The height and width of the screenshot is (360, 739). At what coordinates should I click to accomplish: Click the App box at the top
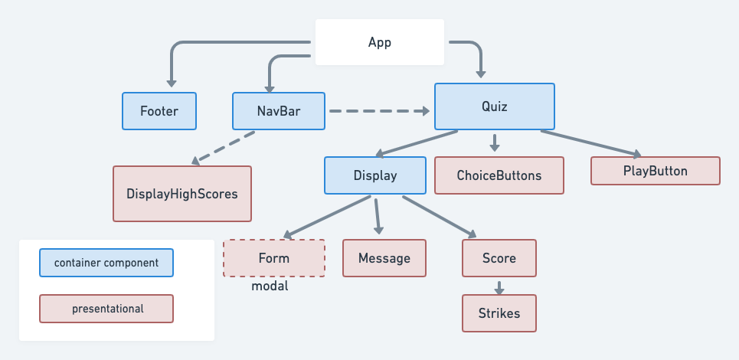click(380, 42)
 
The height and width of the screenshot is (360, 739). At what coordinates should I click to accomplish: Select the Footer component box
click(159, 111)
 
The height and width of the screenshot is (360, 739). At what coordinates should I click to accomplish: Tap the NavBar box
click(278, 111)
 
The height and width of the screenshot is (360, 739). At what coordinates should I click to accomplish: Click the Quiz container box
click(495, 106)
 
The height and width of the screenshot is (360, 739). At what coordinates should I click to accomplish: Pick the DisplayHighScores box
click(181, 194)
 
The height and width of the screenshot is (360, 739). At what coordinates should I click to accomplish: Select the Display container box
click(375, 175)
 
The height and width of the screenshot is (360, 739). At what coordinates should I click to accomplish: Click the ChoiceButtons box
click(499, 175)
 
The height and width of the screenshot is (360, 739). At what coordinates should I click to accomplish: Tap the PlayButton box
click(656, 171)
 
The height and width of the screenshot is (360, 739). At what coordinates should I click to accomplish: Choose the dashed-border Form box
click(274, 258)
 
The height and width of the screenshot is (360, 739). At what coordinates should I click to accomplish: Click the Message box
click(384, 258)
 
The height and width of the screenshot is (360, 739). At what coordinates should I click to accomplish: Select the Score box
click(499, 258)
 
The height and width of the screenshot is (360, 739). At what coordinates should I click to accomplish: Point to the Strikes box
click(499, 313)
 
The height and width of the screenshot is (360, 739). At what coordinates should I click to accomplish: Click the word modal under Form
click(270, 286)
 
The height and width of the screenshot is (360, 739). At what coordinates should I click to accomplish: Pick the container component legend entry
click(106, 263)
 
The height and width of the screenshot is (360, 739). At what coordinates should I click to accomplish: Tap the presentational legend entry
click(106, 309)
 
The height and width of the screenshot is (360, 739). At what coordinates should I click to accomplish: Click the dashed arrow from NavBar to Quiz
click(379, 111)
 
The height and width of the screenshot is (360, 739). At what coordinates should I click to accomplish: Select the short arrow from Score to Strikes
click(499, 287)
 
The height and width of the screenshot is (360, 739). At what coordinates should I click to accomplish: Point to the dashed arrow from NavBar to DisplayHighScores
click(224, 147)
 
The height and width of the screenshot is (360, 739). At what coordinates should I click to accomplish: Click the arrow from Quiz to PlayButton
click(590, 144)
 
